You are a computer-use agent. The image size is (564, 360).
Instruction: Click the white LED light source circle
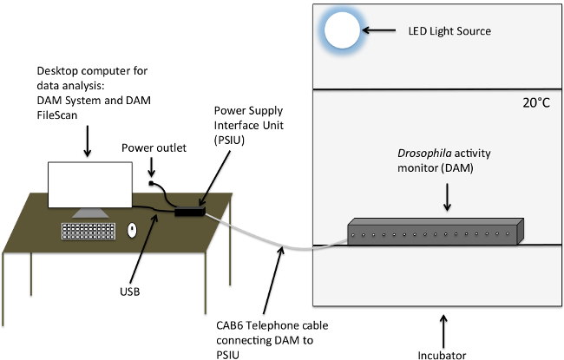coord(342,30)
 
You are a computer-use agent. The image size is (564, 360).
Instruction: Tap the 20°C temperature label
coord(536,103)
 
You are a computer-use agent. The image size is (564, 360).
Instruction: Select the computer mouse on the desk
coord(132,230)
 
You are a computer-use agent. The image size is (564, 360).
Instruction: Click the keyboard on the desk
coord(89,231)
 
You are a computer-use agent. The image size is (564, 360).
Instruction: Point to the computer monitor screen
coord(90,185)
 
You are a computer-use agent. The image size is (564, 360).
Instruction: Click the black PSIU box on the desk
coord(190,211)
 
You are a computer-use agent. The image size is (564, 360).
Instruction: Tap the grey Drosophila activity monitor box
coord(436,232)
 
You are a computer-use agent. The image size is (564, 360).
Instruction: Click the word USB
coord(130,291)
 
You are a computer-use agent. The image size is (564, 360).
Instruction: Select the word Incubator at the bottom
coord(442,356)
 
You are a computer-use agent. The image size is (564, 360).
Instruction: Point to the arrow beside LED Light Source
coord(379,30)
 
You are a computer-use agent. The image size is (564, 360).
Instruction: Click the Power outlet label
coord(154,147)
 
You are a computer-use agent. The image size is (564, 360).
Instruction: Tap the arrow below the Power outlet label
coord(152,167)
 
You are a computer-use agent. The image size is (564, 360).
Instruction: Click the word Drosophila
coord(424,154)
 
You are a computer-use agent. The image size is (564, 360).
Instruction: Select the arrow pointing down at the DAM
coord(447,197)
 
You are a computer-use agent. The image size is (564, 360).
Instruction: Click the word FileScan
coord(57,115)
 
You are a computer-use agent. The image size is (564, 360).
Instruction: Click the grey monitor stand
coord(90,213)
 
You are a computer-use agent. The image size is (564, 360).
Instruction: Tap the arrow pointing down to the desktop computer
coord(87,141)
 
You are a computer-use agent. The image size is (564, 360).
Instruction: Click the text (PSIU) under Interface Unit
coord(229,140)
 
